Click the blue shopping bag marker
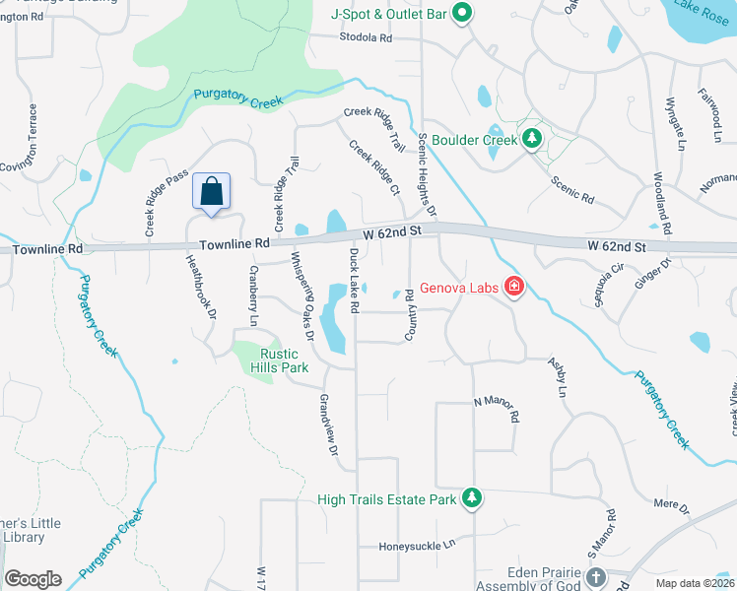pos(212,192)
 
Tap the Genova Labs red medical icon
pos(513,288)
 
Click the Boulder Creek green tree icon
pos(532,139)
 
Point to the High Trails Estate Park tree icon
pos(472,498)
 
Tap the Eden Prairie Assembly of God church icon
pos(595,577)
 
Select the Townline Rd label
pos(234,243)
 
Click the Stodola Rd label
pos(366,38)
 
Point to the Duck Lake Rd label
pos(353,275)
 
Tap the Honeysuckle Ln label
pos(419,544)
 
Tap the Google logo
pos(33,579)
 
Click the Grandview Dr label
pos(328,426)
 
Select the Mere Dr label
pos(672,504)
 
